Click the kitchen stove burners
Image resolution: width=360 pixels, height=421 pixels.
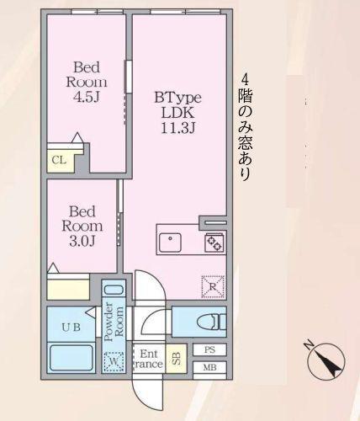click(213, 242)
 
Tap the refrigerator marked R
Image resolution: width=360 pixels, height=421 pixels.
click(213, 288)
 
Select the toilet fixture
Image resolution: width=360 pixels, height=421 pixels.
click(205, 321)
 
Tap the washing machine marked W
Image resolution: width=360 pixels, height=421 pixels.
click(114, 363)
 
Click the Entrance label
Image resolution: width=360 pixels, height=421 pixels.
click(149, 360)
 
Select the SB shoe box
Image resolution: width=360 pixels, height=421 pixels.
click(176, 360)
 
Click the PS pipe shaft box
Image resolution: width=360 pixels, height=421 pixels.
click(209, 349)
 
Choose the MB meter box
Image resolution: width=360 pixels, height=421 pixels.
click(209, 367)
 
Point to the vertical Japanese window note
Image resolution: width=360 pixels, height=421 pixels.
click(244, 126)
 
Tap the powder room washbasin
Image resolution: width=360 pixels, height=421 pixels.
click(114, 290)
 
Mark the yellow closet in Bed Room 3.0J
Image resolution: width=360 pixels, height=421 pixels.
click(68, 286)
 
